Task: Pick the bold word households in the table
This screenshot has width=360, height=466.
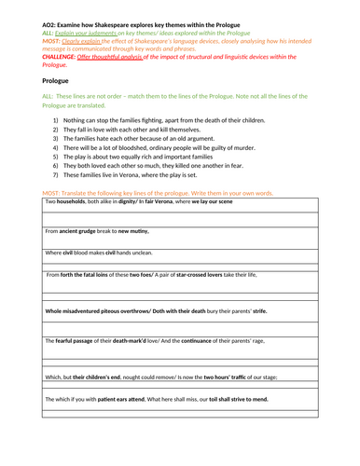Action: (78, 201)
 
